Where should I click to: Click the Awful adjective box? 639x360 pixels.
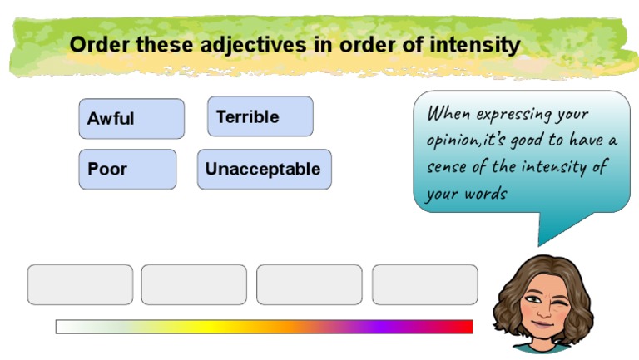[x=131, y=118]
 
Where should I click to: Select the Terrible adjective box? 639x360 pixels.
[x=260, y=116]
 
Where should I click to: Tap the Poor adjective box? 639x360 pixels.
[x=127, y=169]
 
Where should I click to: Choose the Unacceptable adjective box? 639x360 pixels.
[x=264, y=169]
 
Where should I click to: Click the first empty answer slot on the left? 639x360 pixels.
[x=80, y=284]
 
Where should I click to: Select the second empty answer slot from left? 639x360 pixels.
[x=194, y=284]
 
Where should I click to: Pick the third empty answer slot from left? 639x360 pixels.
[x=309, y=284]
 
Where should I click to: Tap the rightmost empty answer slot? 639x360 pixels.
[x=424, y=284]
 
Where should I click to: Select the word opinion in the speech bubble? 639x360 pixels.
[x=453, y=141]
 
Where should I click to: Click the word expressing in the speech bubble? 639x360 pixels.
[x=508, y=113]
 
